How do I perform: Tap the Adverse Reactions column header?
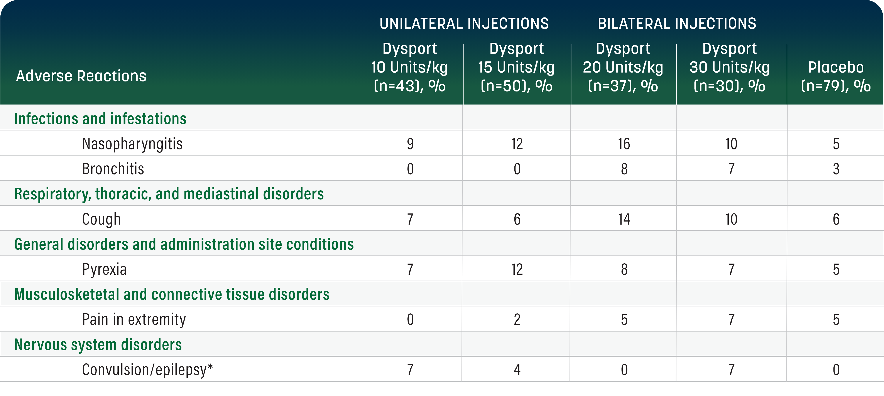point(81,76)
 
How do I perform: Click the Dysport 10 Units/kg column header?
point(409,67)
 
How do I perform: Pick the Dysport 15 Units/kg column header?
point(516,67)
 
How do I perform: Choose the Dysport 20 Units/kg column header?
point(623,67)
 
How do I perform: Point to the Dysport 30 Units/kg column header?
point(730,67)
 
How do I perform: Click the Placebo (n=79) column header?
point(836,76)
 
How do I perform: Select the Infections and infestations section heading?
point(100,119)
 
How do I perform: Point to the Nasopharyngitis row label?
point(132,144)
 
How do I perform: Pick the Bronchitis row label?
point(113,169)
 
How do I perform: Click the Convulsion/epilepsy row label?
point(148,370)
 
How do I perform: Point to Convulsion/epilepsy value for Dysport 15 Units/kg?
point(517,370)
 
